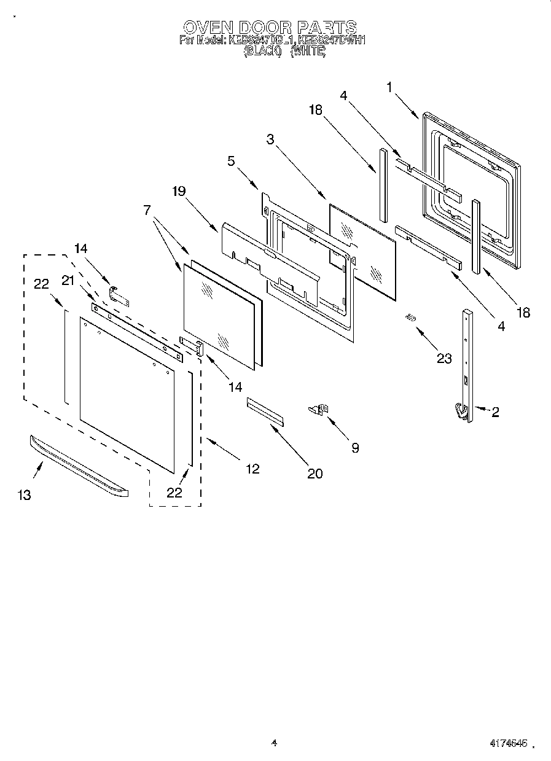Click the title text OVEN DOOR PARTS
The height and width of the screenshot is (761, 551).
coord(270,27)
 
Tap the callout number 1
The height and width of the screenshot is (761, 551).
coord(389,87)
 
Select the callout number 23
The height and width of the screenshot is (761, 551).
coord(444,359)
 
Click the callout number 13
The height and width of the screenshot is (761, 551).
coord(24,495)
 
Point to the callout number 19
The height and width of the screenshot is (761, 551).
coord(179,191)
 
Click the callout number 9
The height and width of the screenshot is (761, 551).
coord(354,448)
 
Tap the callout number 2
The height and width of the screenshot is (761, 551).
coord(494,412)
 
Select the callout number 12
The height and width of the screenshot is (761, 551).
coord(252,469)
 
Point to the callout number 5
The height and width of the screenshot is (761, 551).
coord(231,162)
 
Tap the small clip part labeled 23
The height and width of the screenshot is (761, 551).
coord(410,318)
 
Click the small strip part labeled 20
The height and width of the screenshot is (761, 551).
coord(265,411)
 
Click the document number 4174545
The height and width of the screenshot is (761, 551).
coord(509,743)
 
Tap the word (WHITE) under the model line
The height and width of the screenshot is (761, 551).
coord(308,52)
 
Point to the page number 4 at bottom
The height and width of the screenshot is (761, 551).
coord(275,743)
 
